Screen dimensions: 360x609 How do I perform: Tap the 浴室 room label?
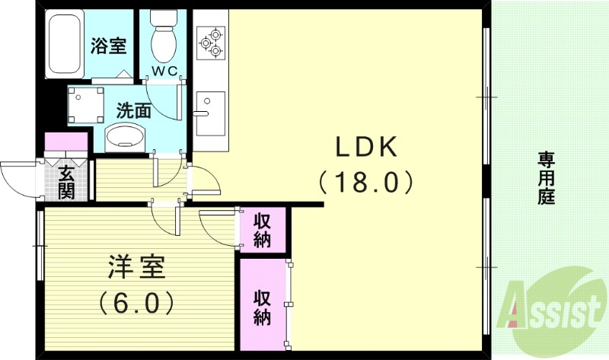pyautogui.click(x=108, y=46)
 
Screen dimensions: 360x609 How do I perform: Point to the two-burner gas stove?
pyautogui.click(x=211, y=43)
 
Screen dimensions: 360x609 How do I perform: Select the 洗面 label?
pyautogui.click(x=133, y=110)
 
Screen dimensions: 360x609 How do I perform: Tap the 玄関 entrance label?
pyautogui.click(x=66, y=183)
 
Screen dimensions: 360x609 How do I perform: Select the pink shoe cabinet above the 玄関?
pyautogui.click(x=67, y=143)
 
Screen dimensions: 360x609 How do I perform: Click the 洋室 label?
pyautogui.click(x=135, y=269)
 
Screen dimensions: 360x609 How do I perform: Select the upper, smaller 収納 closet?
pyautogui.click(x=263, y=231)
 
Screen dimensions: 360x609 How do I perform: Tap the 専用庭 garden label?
pyautogui.click(x=546, y=178)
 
